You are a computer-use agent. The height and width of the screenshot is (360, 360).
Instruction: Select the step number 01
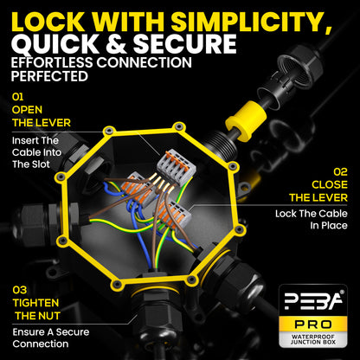pyautogui.click(x=17, y=97)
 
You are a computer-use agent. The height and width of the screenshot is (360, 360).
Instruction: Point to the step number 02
pyautogui.click(x=340, y=172)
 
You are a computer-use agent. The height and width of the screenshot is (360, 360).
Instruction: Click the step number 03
pyautogui.click(x=20, y=290)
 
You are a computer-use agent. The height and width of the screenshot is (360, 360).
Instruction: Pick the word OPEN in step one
pyautogui.click(x=27, y=110)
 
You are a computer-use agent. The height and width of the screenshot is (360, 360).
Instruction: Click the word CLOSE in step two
pyautogui.click(x=330, y=184)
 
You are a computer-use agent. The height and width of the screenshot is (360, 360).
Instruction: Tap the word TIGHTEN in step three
pyautogui.click(x=35, y=303)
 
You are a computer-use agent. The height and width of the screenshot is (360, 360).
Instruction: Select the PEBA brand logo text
pyautogui.click(x=313, y=300)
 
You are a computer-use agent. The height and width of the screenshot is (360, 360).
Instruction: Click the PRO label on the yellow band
pyautogui.click(x=313, y=325)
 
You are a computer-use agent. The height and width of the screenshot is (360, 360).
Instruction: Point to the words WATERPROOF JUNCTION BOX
pyautogui.click(x=313, y=339)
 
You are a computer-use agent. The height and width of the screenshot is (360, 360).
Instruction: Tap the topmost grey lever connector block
pyautogui.click(x=177, y=167)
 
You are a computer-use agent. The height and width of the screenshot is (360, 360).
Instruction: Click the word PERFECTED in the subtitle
pyautogui.click(x=49, y=76)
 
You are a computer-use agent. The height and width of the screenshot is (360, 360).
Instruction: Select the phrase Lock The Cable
pyautogui.click(x=312, y=214)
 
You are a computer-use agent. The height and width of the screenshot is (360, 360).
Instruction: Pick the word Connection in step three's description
pyautogui.click(x=41, y=344)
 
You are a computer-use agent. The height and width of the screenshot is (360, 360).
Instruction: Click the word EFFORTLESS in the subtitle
pyautogui.click(x=52, y=62)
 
